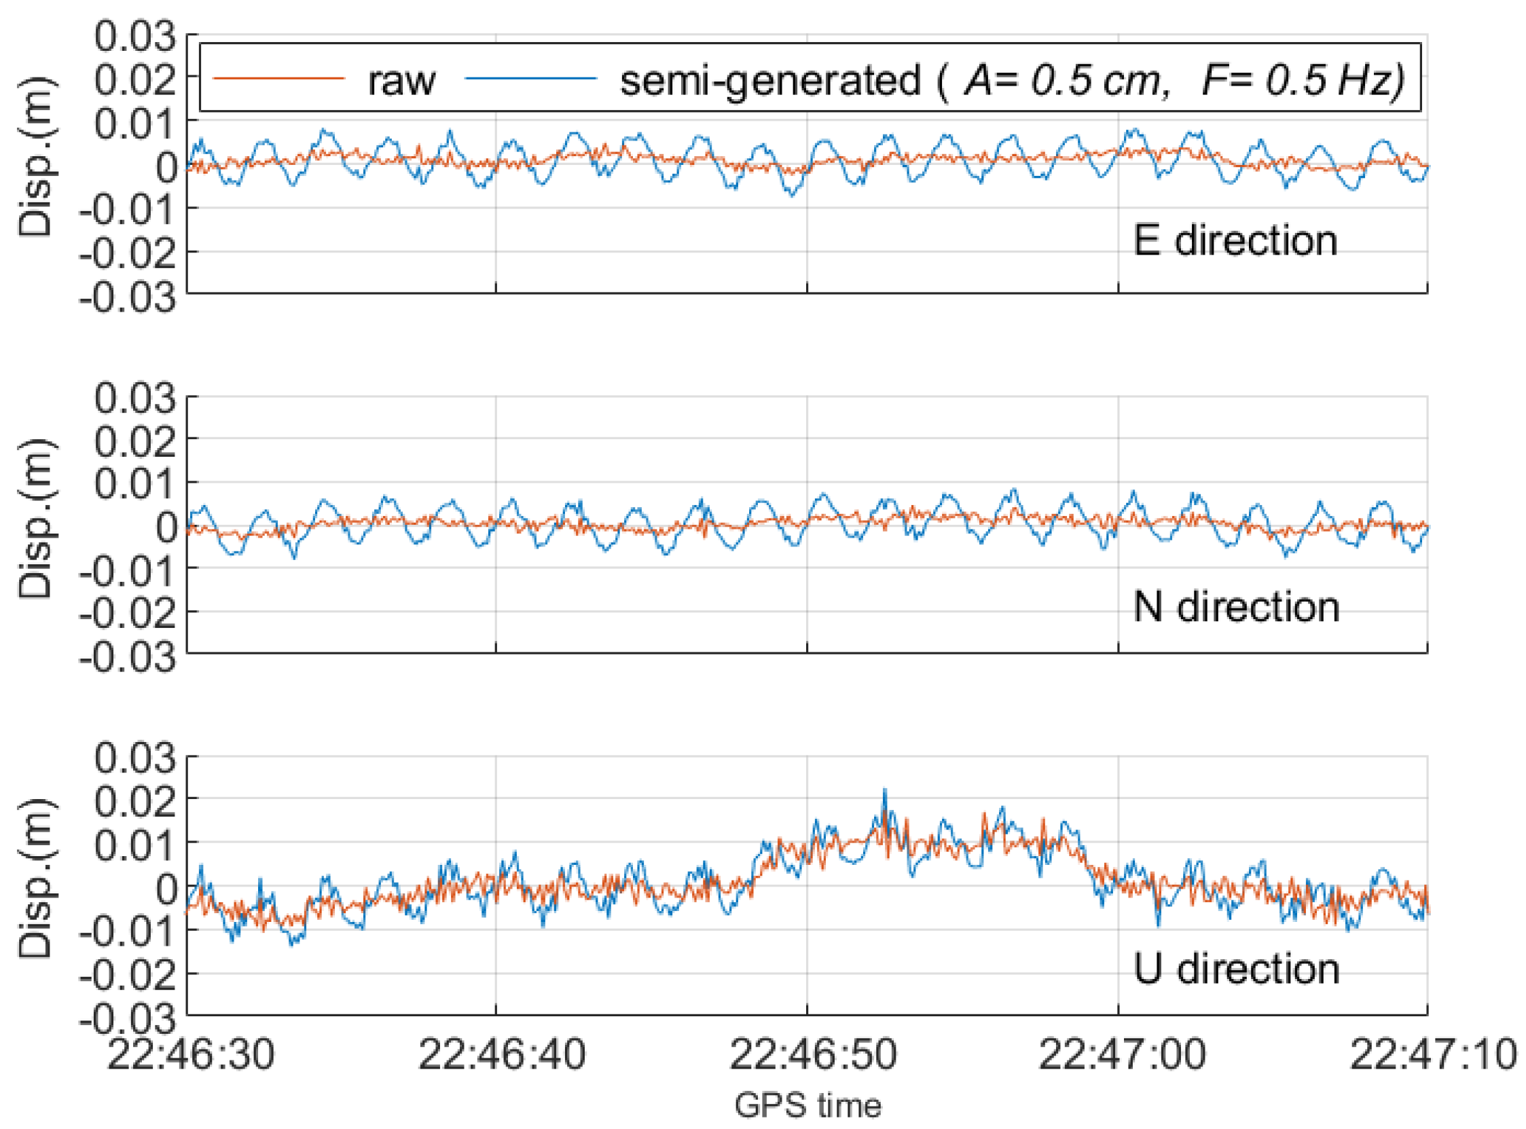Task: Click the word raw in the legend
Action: click(401, 81)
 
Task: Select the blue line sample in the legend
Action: click(530, 78)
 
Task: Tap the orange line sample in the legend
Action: click(278, 78)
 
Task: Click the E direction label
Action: click(1235, 240)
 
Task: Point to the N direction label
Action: click(1236, 607)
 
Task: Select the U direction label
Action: click(1236, 968)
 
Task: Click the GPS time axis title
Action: click(808, 1105)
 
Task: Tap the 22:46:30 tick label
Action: click(191, 1054)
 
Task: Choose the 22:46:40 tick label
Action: click(502, 1054)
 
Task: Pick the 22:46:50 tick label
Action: click(813, 1054)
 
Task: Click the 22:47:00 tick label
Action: click(1122, 1054)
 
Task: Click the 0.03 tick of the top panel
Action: click(135, 36)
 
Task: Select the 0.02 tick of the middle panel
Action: click(135, 441)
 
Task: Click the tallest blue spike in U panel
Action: click(885, 792)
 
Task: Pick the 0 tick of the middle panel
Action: click(166, 527)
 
